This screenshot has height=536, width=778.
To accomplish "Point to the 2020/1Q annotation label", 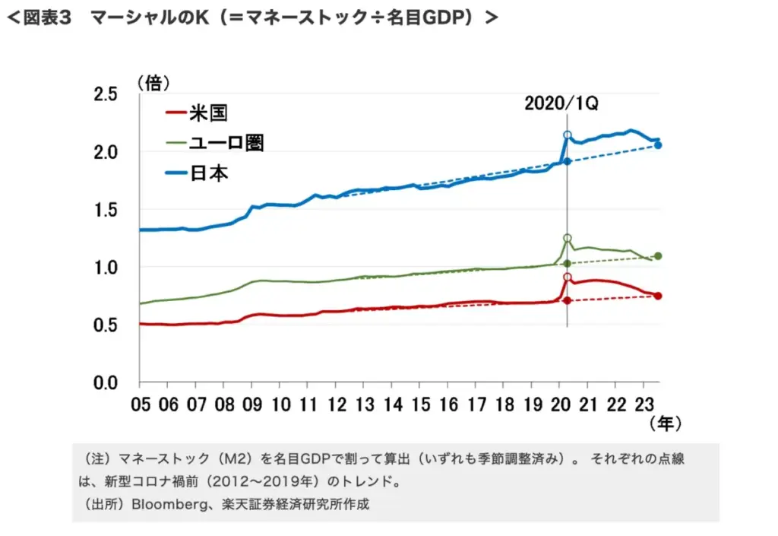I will [x=561, y=103].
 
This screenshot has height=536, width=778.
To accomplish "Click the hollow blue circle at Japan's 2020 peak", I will [x=568, y=135].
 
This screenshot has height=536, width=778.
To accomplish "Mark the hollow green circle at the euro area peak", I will [x=568, y=238].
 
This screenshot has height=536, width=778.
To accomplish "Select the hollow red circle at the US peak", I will [x=568, y=277].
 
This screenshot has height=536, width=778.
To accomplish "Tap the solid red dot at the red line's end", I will [x=658, y=296].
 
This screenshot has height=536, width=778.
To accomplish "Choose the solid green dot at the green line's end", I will [x=658, y=256].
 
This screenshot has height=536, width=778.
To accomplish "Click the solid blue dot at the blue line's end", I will [x=658, y=145].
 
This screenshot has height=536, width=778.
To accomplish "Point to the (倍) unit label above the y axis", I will [x=153, y=81].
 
